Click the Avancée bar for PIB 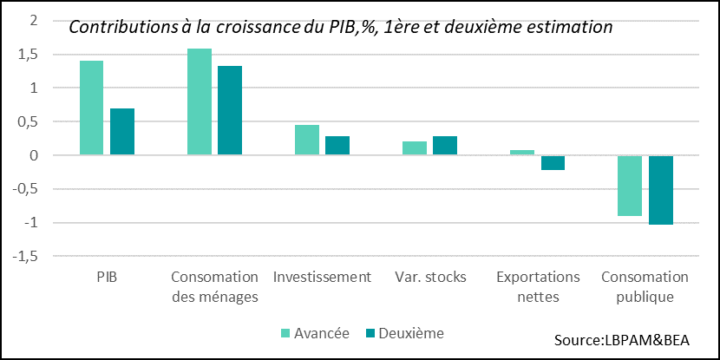click(91, 108)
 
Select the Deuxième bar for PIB click(122, 132)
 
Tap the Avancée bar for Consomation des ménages click(200, 101)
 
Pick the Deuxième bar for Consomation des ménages click(230, 110)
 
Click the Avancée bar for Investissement click(307, 140)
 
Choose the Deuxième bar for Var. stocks click(445, 146)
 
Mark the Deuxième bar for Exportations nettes click(553, 163)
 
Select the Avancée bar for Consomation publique click(630, 186)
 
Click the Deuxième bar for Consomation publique click(661, 190)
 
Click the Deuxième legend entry click(404, 333)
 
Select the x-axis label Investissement click(322, 277)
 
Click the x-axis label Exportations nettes click(537, 287)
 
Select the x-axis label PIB click(107, 277)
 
